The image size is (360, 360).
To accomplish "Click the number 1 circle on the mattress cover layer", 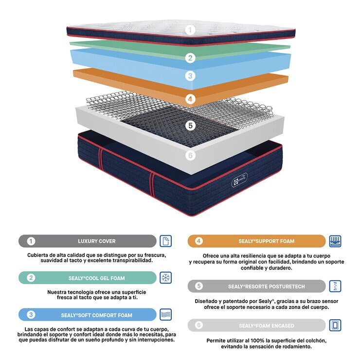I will (x=191, y=30).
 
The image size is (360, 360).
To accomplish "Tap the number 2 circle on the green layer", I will (x=191, y=58).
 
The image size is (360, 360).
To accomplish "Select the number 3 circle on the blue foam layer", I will (x=191, y=76).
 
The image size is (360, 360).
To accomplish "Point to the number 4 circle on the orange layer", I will (x=191, y=99).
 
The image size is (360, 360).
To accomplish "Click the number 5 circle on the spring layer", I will (x=191, y=126).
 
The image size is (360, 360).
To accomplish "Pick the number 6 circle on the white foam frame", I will (x=191, y=156).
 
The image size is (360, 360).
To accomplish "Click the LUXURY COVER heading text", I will (x=97, y=241).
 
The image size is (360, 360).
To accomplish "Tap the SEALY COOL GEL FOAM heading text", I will (x=96, y=278).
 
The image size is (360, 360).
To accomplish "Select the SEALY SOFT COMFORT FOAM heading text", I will (x=97, y=315).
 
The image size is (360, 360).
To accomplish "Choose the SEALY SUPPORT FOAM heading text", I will (x=266, y=241).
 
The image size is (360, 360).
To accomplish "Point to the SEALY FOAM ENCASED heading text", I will (x=266, y=325).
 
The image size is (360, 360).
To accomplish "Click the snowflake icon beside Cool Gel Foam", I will (x=166, y=278).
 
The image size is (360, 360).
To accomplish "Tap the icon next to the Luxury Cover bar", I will (x=166, y=241).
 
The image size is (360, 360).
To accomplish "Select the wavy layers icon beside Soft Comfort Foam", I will (x=166, y=314).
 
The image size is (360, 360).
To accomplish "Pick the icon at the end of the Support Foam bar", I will (x=335, y=241).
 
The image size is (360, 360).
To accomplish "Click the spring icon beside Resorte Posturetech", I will (x=335, y=286).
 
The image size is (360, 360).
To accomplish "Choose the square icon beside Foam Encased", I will (x=335, y=325).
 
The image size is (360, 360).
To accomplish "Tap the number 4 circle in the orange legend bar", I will (x=199, y=241).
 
